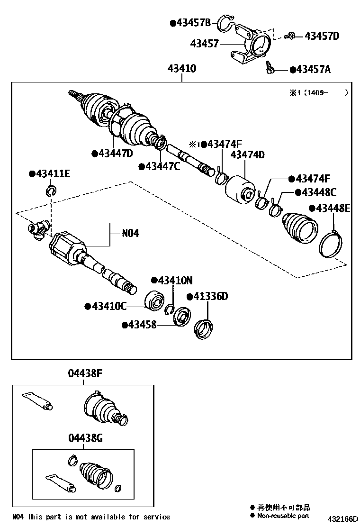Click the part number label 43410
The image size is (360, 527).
pos(181,69)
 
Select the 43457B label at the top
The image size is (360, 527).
pos(194,22)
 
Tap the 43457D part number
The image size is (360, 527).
pos(322,36)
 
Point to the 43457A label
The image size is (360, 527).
pos(313,70)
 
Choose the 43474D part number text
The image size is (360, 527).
pos(247,154)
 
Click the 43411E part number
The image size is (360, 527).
pos(53,174)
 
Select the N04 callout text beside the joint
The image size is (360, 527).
pos(130,233)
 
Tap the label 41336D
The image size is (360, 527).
pos(210,297)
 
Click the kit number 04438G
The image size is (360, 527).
pos(85,438)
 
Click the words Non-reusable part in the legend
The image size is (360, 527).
pos(283,516)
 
